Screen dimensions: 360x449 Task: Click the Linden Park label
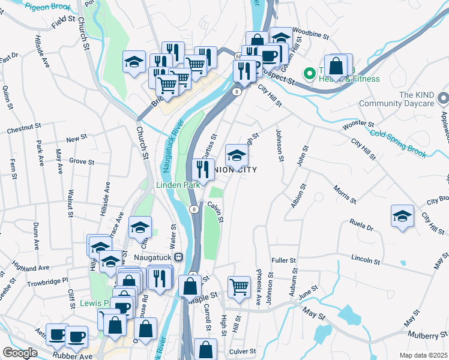178,185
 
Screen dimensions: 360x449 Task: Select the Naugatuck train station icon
179,257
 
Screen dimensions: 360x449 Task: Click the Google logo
20,353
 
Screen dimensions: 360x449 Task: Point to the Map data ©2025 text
423,355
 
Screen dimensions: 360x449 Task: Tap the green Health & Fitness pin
310,74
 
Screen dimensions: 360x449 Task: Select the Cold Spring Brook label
398,143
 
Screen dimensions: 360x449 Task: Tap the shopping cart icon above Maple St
240,287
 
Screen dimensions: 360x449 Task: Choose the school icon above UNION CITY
237,155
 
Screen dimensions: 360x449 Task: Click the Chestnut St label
23,129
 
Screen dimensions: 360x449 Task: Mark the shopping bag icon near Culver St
206,348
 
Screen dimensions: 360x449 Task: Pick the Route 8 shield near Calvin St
194,209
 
